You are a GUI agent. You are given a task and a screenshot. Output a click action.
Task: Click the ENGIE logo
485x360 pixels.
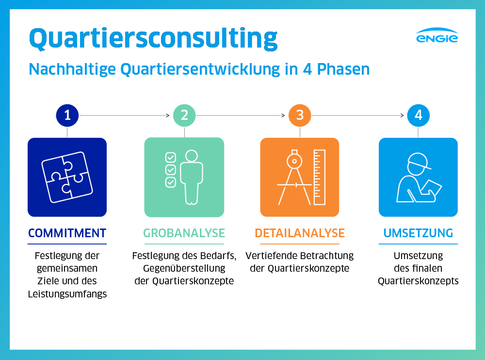437,35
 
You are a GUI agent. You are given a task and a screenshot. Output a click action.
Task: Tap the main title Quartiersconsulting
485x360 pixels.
153,38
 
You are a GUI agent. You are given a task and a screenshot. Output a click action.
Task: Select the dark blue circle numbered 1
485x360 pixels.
67,115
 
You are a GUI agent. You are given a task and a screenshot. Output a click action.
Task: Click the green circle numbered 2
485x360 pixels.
184,115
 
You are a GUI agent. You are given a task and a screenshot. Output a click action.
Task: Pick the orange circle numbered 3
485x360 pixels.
300,115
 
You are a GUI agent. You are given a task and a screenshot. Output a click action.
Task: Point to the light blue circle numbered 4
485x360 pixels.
418,115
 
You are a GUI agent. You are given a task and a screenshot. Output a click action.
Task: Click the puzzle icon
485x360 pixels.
67,178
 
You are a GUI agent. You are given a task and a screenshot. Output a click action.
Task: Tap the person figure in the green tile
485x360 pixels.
192,178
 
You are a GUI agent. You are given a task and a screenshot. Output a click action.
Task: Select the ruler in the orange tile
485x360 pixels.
320,178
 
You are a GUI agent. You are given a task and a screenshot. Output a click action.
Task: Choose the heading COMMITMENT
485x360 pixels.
67,233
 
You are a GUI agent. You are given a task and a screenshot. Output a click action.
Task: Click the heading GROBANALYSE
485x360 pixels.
184,233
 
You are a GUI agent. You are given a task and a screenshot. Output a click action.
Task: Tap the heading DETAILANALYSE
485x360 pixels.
300,233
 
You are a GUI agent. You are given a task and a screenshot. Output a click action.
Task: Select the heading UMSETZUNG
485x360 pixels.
418,233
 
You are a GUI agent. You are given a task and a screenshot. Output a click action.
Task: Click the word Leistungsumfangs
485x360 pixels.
67,294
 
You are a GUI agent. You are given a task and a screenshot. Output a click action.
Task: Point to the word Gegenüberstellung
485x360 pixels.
184,268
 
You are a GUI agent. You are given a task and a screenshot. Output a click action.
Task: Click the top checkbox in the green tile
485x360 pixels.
171,157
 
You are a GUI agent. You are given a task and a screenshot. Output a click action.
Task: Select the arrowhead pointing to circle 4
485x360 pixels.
402,115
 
